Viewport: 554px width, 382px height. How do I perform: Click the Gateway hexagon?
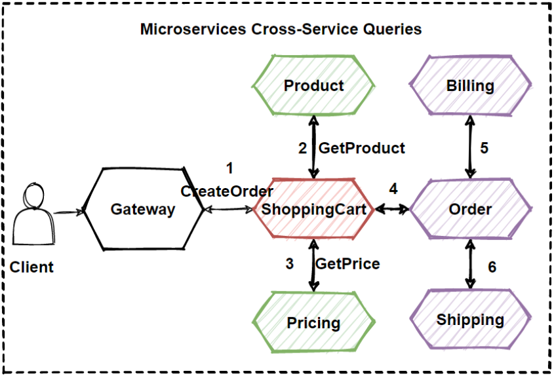(x=143, y=209)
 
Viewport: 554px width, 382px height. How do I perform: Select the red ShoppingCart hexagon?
(x=313, y=209)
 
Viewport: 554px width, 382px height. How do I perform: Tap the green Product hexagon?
(x=313, y=85)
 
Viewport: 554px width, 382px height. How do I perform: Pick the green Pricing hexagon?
(x=313, y=322)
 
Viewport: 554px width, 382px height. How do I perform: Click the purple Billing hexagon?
(x=470, y=85)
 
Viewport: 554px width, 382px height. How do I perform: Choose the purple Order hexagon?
(x=470, y=209)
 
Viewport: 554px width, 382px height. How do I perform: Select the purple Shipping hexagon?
(x=470, y=320)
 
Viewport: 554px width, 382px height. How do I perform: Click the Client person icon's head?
(x=34, y=195)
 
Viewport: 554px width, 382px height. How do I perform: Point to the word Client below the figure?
(x=31, y=267)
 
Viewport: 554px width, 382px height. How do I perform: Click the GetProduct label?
(x=362, y=148)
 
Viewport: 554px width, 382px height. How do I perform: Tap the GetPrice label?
(x=347, y=263)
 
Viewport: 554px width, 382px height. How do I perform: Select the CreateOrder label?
(x=227, y=191)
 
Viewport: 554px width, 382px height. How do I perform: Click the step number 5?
(x=485, y=148)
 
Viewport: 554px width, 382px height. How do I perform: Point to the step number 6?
(x=492, y=267)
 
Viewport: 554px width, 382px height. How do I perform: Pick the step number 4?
(x=393, y=189)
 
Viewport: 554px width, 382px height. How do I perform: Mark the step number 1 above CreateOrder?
(x=229, y=168)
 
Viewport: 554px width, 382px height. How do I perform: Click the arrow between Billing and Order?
(x=470, y=147)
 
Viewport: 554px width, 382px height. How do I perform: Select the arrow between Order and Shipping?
(x=470, y=264)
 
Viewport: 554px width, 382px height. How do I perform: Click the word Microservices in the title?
(x=193, y=29)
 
